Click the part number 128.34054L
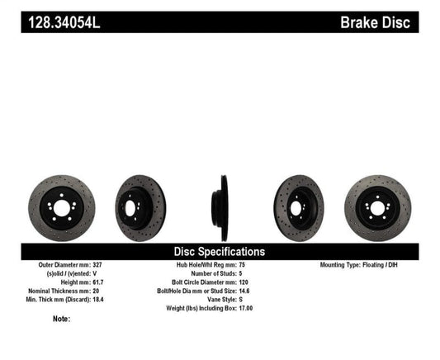62,22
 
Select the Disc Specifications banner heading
219,251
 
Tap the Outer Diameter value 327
105,265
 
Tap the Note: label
61,319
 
